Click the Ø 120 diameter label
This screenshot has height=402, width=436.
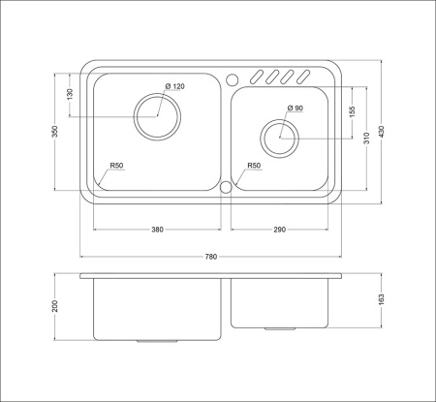(x=174, y=87)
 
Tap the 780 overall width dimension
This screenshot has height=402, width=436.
(x=211, y=257)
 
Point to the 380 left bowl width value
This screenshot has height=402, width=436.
(x=158, y=230)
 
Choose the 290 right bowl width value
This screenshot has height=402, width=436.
(x=280, y=230)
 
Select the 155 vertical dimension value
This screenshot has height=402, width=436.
(x=353, y=111)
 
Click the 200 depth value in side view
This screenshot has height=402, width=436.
(x=56, y=307)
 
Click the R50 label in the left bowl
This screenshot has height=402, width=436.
(x=116, y=167)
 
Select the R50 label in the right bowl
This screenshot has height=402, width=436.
(x=254, y=167)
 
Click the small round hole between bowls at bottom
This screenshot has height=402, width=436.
(x=227, y=188)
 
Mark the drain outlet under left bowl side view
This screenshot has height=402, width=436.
(x=153, y=342)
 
